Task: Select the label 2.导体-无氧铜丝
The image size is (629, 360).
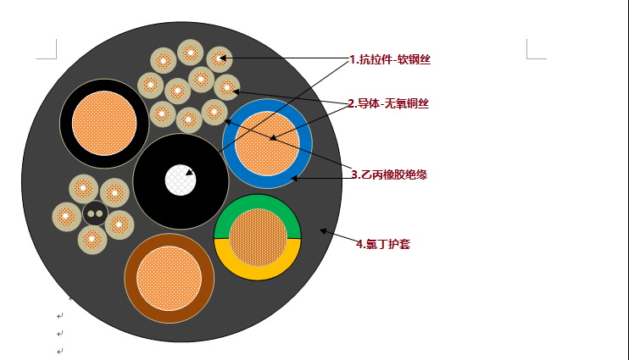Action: [388, 104]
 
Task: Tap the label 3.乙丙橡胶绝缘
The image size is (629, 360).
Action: [389, 174]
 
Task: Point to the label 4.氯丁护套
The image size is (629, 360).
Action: [383, 244]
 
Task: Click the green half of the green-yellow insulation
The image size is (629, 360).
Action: [257, 205]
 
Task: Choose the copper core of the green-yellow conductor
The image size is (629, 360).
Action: [258, 238]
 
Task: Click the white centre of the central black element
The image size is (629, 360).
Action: [180, 180]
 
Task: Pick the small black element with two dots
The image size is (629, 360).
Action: [95, 214]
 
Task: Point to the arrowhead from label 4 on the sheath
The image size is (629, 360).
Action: [323, 230]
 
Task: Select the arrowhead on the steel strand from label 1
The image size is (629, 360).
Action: [223, 58]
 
